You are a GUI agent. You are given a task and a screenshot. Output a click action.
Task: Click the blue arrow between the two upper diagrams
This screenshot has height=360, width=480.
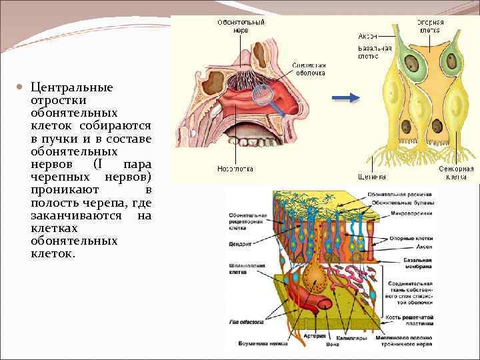345,98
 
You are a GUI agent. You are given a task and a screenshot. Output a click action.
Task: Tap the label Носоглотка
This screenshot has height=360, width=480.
235,169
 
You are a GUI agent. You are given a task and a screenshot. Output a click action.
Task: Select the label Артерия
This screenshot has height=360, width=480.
315,337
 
